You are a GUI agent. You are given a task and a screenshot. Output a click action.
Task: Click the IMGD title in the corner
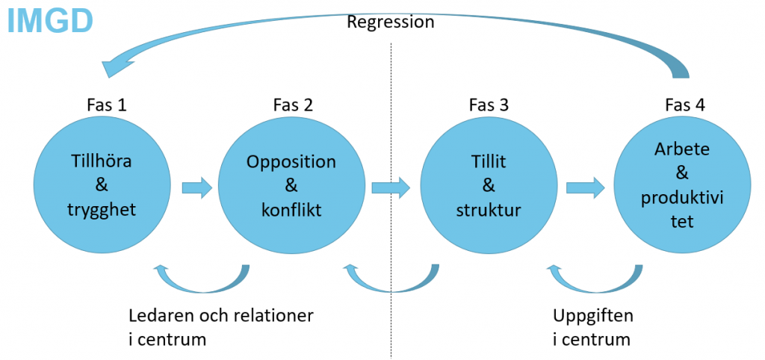click(50, 22)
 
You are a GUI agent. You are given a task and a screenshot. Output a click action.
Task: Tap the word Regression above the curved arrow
click(390, 22)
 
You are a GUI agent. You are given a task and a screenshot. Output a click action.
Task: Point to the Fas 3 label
click(489, 105)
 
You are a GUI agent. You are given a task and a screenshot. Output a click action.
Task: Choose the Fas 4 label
click(685, 105)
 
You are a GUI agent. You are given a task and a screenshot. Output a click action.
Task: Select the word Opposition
click(291, 162)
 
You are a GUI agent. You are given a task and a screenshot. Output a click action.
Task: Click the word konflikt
click(291, 211)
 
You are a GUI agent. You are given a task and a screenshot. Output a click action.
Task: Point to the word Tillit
click(489, 161)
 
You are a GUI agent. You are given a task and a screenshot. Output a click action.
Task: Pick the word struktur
click(489, 211)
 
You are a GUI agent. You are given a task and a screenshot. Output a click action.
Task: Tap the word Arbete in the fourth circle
click(686, 150)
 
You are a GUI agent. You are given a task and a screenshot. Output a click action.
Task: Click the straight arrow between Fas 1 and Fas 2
click(197, 187)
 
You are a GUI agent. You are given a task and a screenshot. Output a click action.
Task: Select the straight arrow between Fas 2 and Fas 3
click(391, 187)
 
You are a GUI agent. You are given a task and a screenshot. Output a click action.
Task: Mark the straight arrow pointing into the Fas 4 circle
click(586, 187)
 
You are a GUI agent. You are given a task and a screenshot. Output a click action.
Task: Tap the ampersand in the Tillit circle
click(489, 186)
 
